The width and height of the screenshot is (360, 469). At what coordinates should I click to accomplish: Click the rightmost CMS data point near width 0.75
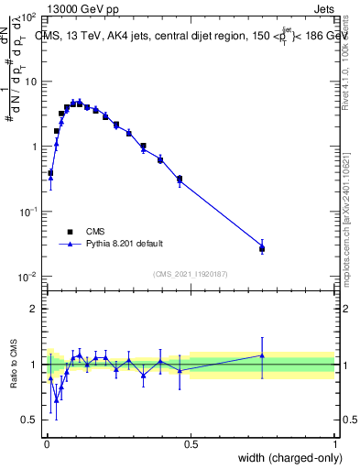[262, 248]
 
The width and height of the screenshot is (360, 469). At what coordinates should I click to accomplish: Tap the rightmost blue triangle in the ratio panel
[262, 355]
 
